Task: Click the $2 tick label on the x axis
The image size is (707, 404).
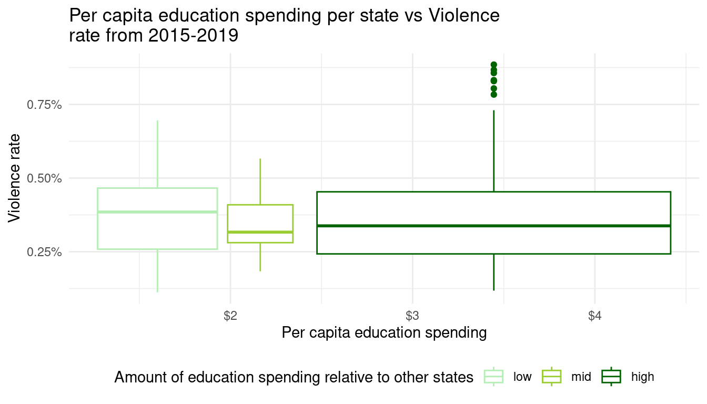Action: coord(230,316)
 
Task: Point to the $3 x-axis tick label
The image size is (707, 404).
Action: coord(412,316)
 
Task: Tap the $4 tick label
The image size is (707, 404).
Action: coord(594,316)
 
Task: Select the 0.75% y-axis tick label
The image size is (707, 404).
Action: coord(45,105)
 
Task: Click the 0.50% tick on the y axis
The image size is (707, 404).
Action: coord(45,178)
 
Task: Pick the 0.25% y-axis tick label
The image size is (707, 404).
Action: coord(45,252)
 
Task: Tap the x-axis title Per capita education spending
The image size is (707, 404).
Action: coord(384,333)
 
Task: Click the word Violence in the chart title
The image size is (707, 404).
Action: coord(463,16)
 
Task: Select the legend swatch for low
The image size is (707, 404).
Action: coord(493,377)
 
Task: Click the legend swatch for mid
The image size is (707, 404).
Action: coord(552,377)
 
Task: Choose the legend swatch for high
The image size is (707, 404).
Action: coord(611,377)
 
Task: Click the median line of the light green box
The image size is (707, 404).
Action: coord(157,212)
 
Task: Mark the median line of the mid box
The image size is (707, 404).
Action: coord(260,232)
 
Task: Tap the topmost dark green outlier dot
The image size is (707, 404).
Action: coord(493,65)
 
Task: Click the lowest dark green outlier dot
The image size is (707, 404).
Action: coord(493,95)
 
